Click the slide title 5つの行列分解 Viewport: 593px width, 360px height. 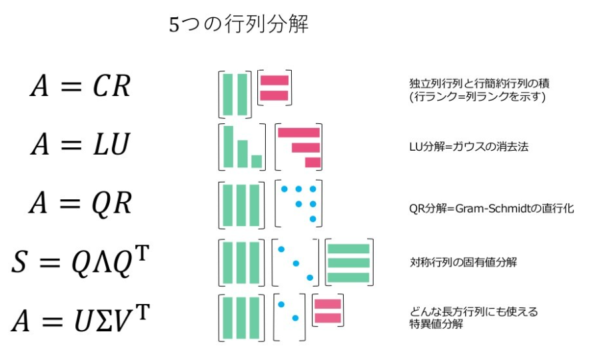click(x=238, y=26)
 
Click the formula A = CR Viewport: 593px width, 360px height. click(x=79, y=87)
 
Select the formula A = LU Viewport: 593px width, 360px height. click(x=79, y=145)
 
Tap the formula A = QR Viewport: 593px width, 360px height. click(x=79, y=202)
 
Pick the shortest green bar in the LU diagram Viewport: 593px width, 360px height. click(x=257, y=161)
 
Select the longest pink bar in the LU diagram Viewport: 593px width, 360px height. click(x=298, y=132)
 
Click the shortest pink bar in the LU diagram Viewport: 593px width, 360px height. click(x=312, y=163)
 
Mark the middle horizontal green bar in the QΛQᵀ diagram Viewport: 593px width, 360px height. click(x=348, y=263)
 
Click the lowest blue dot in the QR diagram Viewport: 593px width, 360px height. click(x=312, y=219)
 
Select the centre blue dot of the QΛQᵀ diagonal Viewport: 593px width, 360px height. click(x=295, y=263)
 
